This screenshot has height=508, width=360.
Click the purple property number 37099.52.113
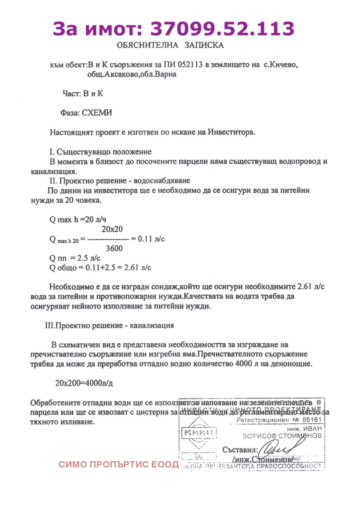click(x=222, y=29)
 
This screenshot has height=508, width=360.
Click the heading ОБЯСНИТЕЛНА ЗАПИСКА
click(x=170, y=45)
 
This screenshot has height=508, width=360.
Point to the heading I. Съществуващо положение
click(x=100, y=152)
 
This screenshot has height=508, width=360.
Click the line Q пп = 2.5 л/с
click(x=75, y=258)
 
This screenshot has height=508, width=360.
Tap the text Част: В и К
click(x=82, y=94)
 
